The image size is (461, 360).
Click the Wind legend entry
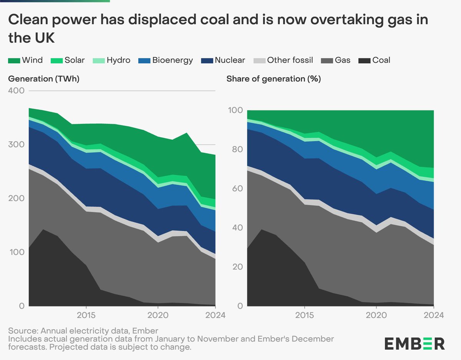coord(25,60)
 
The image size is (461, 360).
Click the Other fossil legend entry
coord(284,60)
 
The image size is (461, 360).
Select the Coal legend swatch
coord(364,60)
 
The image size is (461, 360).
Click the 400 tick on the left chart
coord(16,91)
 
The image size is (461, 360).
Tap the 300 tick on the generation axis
coord(16,145)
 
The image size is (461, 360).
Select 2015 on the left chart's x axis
coord(86,315)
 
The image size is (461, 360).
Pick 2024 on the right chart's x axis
coord(433,315)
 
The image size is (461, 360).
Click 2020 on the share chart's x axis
coord(376,315)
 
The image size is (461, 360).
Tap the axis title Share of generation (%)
coord(274,79)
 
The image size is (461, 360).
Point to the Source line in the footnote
coord(83,331)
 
